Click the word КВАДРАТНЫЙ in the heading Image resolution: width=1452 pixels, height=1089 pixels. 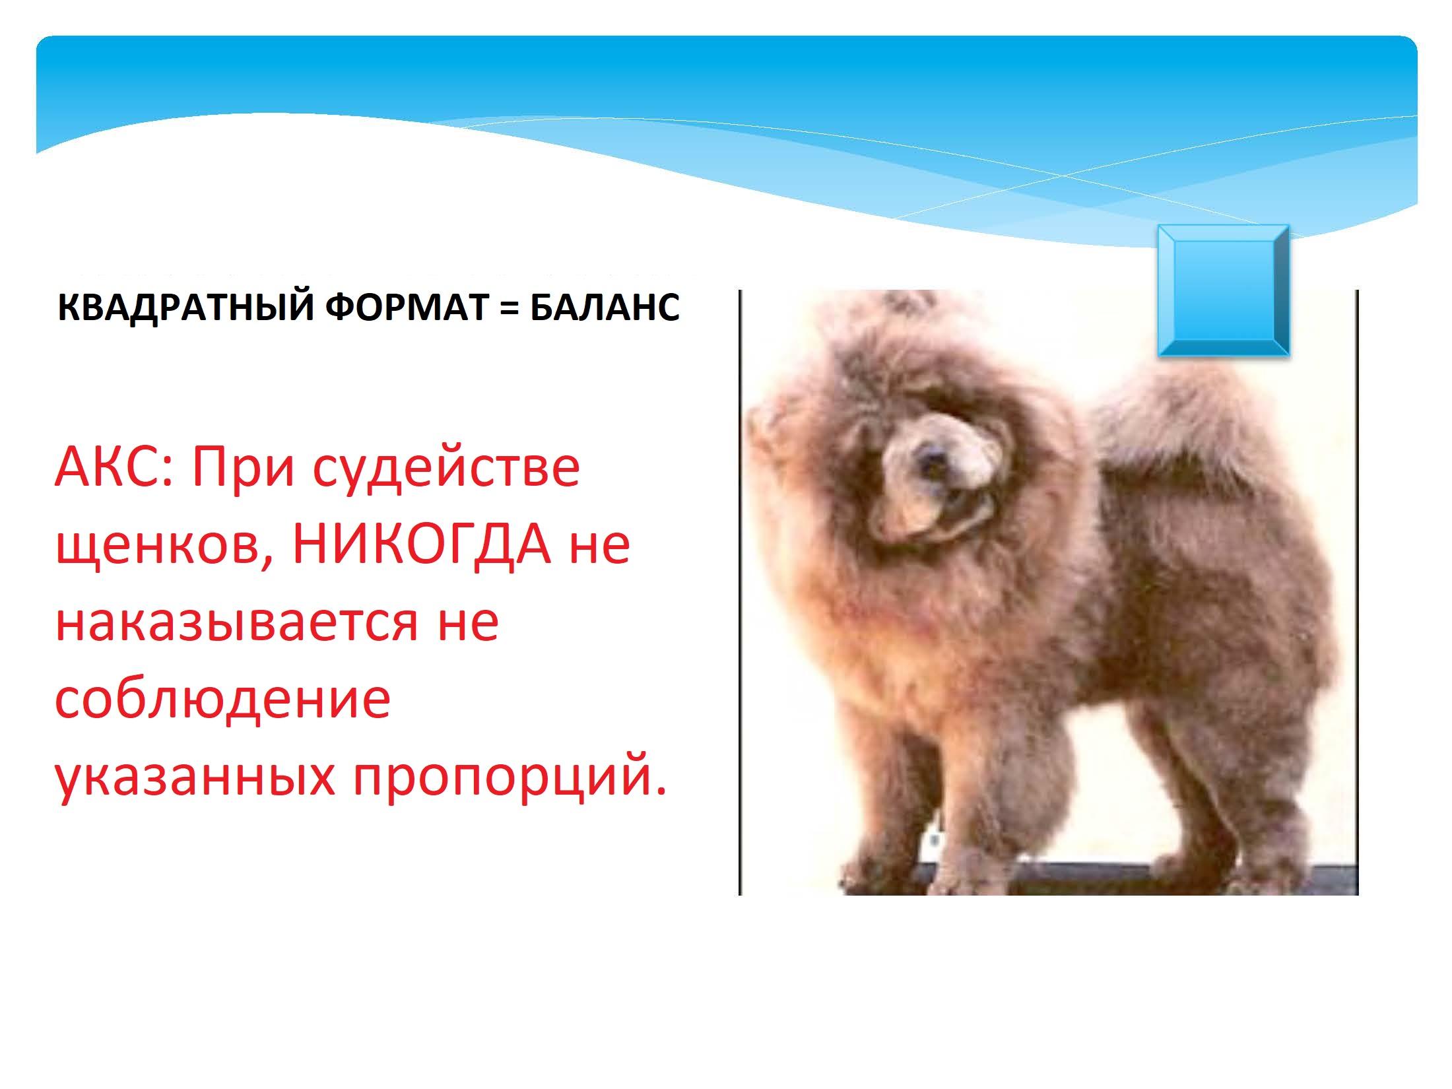tap(185, 308)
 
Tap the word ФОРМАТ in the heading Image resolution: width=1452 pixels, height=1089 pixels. tap(406, 308)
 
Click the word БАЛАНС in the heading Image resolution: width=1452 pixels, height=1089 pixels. tap(604, 308)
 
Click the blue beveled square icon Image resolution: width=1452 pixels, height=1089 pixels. tap(1223, 291)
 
